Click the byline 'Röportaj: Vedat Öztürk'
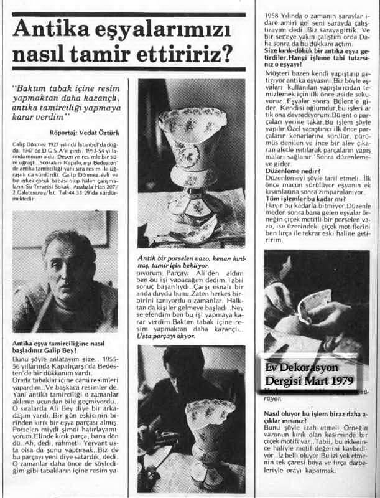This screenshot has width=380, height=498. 82,132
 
